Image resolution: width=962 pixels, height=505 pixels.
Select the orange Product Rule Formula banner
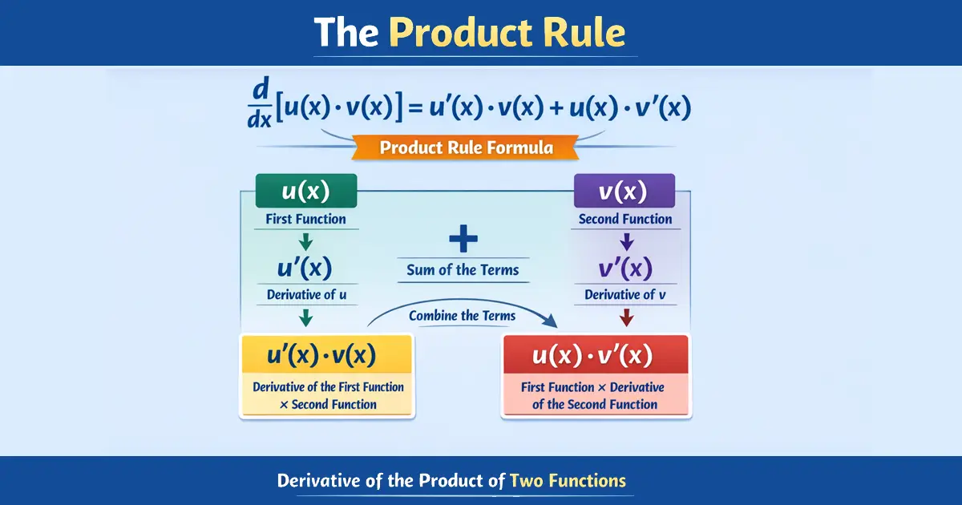point(466,147)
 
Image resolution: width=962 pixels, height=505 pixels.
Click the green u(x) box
point(305,191)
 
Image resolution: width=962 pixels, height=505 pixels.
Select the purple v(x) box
point(624,191)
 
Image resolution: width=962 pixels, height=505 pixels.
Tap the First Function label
point(305,219)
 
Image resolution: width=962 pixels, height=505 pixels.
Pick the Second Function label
point(625,219)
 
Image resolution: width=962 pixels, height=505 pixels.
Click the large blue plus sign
point(463,238)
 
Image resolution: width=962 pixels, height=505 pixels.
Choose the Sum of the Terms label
point(463,269)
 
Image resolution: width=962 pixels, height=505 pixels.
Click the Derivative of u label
point(306,294)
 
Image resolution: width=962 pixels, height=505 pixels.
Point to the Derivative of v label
point(626,294)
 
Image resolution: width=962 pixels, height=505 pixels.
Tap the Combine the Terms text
point(462,315)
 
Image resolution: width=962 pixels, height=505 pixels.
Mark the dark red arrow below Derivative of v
point(627,317)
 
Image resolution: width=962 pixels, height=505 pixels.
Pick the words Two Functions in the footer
point(568,481)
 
